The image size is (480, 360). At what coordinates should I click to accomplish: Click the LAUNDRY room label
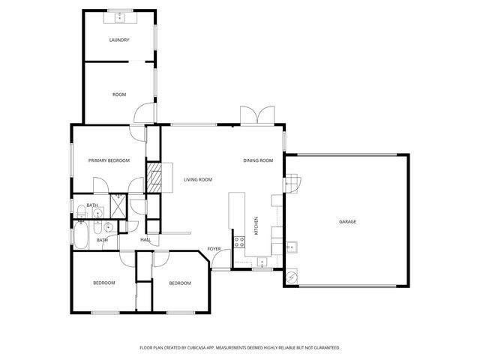pos(119,40)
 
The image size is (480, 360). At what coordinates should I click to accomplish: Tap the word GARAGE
pos(347,221)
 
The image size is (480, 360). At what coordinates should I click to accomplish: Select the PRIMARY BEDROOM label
pos(109,160)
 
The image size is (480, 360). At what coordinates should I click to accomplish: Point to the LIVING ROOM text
pos(198,179)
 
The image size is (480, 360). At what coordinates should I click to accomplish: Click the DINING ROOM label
pos(257,160)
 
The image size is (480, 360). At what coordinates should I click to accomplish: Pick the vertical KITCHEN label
pos(256,224)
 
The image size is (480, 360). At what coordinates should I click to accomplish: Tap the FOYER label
pos(214,248)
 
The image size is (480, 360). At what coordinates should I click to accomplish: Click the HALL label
pos(145,240)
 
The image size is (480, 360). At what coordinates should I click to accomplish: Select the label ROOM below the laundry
pos(119,94)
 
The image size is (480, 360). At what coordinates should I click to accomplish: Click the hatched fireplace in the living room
pos(154,178)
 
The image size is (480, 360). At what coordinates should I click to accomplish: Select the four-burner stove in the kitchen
pos(240,241)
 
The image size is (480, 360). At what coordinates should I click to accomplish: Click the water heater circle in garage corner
pos(290,277)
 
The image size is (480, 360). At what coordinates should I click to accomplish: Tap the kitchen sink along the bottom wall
pos(261,262)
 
